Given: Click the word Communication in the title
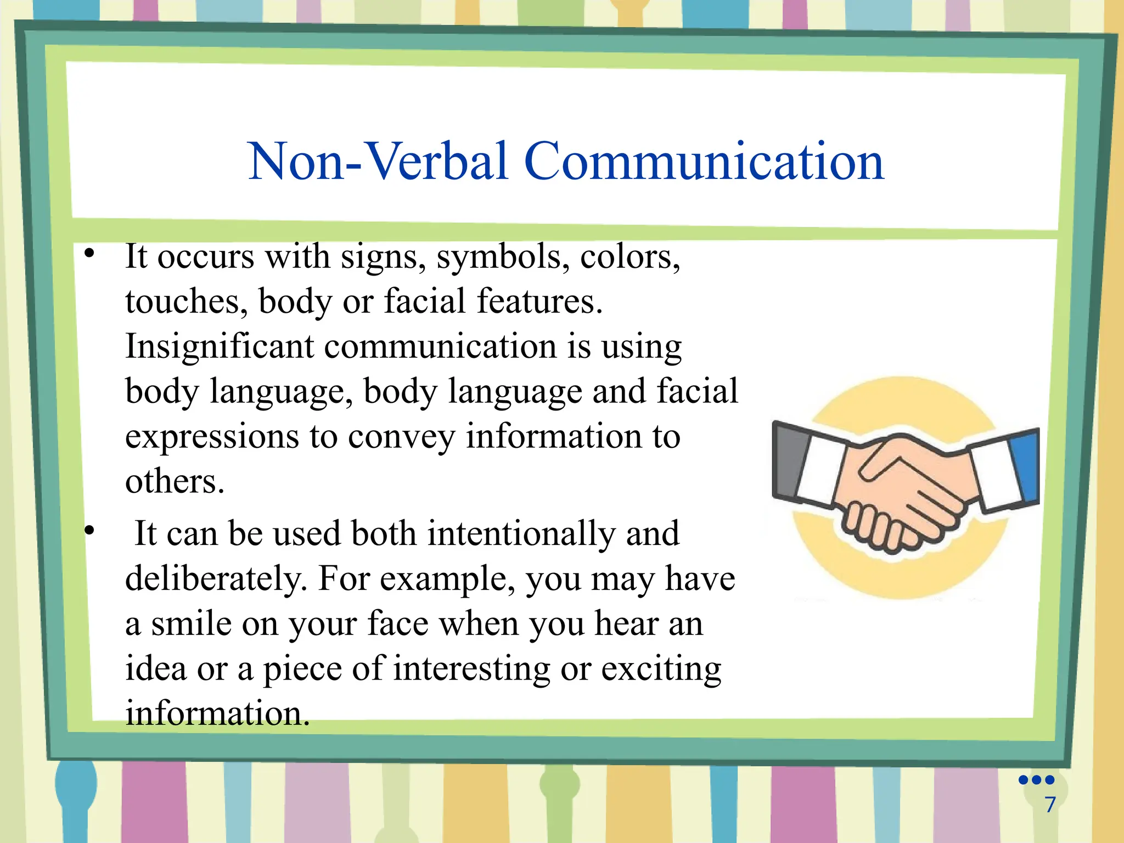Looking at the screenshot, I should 704,161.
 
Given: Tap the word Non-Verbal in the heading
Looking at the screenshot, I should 378,161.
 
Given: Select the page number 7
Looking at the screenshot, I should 1050,805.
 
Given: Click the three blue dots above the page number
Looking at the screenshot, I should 1036,780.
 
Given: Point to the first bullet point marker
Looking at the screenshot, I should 89,254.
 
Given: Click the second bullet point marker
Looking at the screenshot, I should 89,531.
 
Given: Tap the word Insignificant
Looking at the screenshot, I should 220,347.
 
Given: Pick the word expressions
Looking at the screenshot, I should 212,437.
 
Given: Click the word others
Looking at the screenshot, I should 175,482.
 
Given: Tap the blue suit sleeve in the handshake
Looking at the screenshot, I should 1025,467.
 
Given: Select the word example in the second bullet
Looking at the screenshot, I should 447,579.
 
